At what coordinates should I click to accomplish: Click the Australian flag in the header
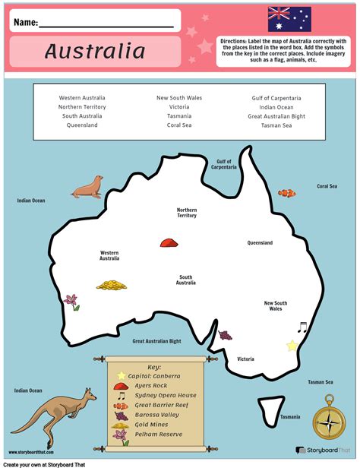pos(289,19)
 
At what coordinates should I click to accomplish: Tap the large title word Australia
pos(94,51)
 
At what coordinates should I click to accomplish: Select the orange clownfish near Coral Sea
pos(287,193)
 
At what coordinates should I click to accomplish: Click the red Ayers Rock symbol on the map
pos(168,242)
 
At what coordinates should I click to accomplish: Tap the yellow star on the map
pos(292,346)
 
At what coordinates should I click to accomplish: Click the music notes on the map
pos(302,328)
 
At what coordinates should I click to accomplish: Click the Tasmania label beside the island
pos(289,417)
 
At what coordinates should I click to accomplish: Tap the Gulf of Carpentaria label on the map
pos(223,164)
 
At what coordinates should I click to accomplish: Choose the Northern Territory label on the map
pos(186,213)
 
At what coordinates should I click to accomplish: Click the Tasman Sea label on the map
pos(320,382)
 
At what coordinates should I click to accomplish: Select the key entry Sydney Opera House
pos(166,395)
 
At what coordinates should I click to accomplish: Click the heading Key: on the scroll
pos(154,366)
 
